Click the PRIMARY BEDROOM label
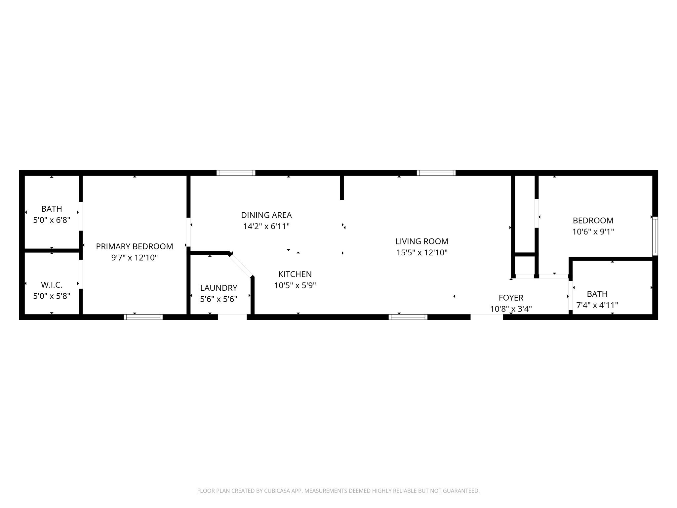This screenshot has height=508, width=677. (134, 246)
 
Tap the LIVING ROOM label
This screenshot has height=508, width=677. (422, 241)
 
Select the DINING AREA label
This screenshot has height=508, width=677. (266, 215)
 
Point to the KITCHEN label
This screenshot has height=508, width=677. (295, 274)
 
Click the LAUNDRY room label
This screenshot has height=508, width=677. (219, 288)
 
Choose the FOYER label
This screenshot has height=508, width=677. (511, 298)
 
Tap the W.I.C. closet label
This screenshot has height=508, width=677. (52, 285)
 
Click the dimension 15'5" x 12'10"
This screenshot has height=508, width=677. (422, 253)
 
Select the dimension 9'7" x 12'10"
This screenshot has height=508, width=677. (134, 258)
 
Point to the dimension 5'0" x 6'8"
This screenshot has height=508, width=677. (52, 220)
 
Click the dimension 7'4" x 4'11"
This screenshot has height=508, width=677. (597, 305)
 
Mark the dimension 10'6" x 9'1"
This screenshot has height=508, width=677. (593, 232)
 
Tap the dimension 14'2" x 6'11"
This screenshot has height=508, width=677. (266, 227)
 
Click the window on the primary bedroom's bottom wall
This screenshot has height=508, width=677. (143, 317)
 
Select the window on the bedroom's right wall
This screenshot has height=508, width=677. (655, 236)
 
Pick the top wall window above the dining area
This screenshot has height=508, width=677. (236, 173)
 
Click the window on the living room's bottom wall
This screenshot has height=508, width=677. (408, 317)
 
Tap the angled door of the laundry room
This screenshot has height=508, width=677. (241, 265)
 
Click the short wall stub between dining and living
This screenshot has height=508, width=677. (342, 188)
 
